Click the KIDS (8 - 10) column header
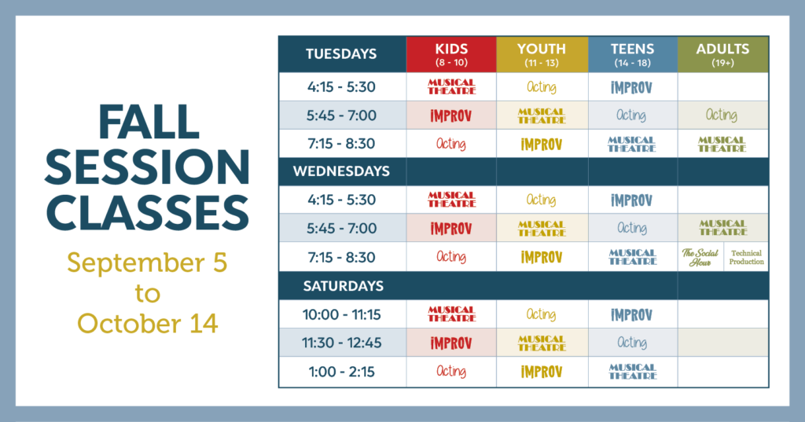(451, 54)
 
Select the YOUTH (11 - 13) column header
(542, 54)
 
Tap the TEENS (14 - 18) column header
(633, 54)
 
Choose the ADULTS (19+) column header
(723, 54)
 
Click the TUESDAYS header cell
(342, 54)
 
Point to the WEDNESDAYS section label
(341, 171)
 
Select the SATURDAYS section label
(343, 286)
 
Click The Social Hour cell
(700, 257)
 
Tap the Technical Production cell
(747, 257)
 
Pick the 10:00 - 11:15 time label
(342, 314)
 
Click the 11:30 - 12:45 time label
(342, 343)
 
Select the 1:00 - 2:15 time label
(342, 372)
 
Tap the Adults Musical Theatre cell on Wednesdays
(723, 227)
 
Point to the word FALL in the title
(149, 122)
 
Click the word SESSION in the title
(147, 167)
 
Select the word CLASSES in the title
(147, 212)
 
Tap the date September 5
(147, 262)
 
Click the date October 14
(148, 324)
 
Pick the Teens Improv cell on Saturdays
(633, 314)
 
